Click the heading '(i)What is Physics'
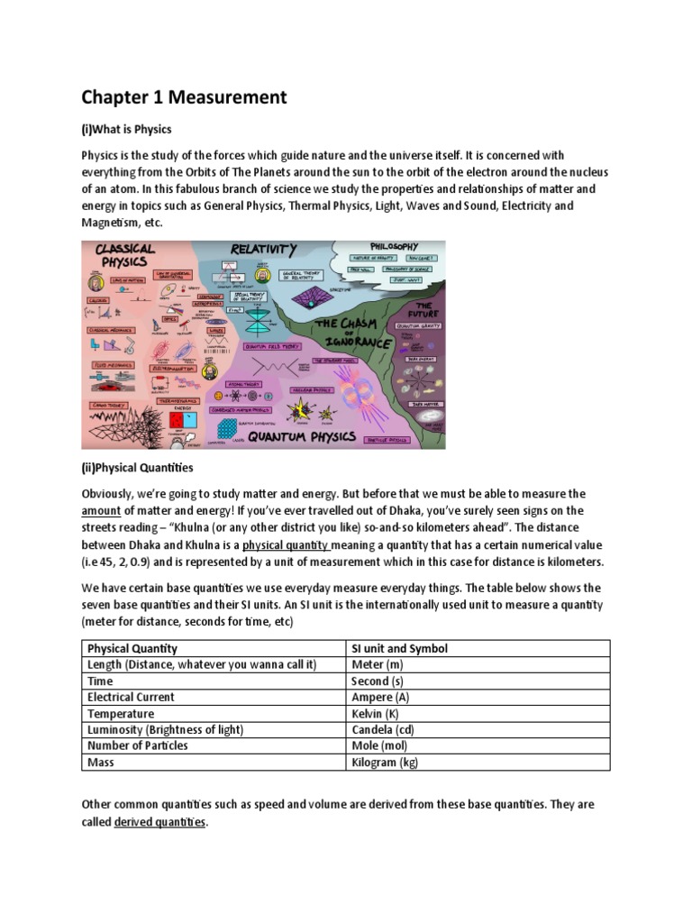[x=126, y=129]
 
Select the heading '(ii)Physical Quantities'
[x=137, y=468]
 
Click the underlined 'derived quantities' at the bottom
[x=160, y=822]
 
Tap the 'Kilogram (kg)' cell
[x=385, y=762]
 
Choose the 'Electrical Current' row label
[x=131, y=697]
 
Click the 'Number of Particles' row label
[x=138, y=745]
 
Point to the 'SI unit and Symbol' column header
[x=398, y=648]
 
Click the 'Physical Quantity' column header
[x=132, y=648]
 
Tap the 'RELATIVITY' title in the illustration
[x=263, y=249]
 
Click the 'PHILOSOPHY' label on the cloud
[x=395, y=246]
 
